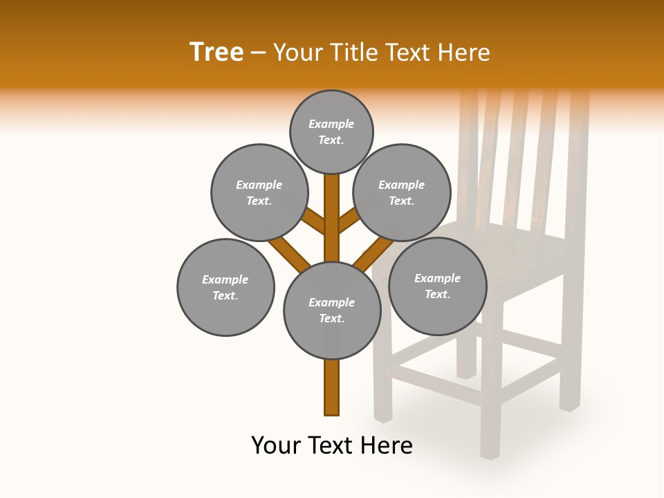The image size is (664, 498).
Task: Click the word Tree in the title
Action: [216, 52]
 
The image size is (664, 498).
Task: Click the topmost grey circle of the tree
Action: [331, 131]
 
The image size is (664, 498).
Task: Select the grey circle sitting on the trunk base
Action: [332, 311]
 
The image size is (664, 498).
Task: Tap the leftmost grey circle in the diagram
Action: [225, 287]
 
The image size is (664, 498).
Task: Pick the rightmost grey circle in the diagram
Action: [437, 286]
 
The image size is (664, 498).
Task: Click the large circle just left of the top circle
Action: [259, 192]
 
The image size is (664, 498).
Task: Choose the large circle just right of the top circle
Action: [401, 192]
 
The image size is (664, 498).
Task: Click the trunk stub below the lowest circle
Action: [332, 387]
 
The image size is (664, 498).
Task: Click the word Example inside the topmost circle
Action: [331, 124]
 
